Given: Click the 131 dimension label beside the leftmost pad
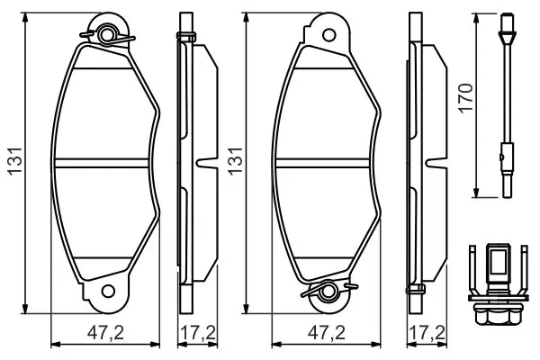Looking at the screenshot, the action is click(x=15, y=161).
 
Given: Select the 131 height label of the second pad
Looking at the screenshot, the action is click(x=236, y=161).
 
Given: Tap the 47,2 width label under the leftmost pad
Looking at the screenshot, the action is click(x=105, y=333).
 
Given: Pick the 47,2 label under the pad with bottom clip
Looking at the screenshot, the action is click(x=326, y=333).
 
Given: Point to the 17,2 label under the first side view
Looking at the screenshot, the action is click(x=198, y=333).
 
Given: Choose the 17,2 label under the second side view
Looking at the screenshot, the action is click(x=427, y=333).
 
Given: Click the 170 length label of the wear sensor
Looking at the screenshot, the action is click(x=466, y=97).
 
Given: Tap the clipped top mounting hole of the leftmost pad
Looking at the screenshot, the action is click(x=108, y=35).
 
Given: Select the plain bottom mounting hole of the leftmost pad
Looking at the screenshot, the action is click(x=108, y=292).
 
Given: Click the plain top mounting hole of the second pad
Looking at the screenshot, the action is click(x=328, y=35).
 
